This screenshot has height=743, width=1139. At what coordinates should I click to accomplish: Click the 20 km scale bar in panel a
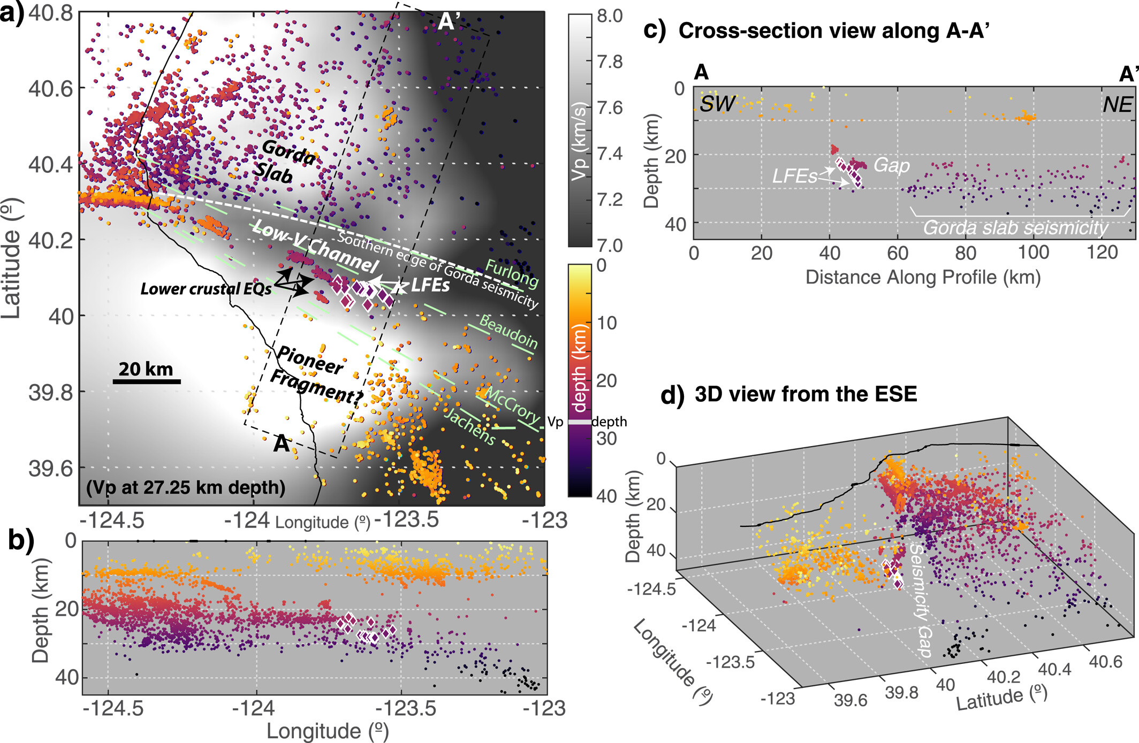pyautogui.click(x=147, y=381)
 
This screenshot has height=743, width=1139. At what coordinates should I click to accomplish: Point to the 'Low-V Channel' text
pyautogui.click(x=316, y=246)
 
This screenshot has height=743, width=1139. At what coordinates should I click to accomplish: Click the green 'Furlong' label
pyautogui.click(x=511, y=273)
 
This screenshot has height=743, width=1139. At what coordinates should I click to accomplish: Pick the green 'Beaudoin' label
pyautogui.click(x=508, y=331)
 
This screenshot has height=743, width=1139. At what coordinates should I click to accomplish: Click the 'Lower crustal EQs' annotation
pyautogui.click(x=206, y=289)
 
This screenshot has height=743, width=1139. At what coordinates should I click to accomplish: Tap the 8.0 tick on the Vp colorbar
pyautogui.click(x=610, y=16)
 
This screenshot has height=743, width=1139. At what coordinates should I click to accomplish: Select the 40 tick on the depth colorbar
pyautogui.click(x=606, y=496)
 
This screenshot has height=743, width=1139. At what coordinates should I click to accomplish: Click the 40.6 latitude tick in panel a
pyautogui.click(x=50, y=88)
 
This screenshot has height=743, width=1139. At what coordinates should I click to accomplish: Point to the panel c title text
pyautogui.click(x=832, y=31)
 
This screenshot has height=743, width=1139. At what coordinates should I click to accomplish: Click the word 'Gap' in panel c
pyautogui.click(x=891, y=165)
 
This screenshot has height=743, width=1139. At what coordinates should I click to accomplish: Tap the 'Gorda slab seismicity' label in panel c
pyautogui.click(x=1015, y=228)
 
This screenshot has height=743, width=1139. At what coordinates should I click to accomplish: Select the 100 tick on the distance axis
pyautogui.click(x=1033, y=252)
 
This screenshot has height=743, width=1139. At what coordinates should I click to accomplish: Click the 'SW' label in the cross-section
pyautogui.click(x=717, y=104)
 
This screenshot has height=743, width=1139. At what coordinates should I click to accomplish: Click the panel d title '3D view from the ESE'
pyautogui.click(x=805, y=394)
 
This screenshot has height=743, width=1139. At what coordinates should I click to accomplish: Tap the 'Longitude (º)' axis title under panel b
pyautogui.click(x=327, y=731)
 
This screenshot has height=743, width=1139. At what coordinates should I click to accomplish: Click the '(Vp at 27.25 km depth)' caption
pyautogui.click(x=186, y=487)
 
